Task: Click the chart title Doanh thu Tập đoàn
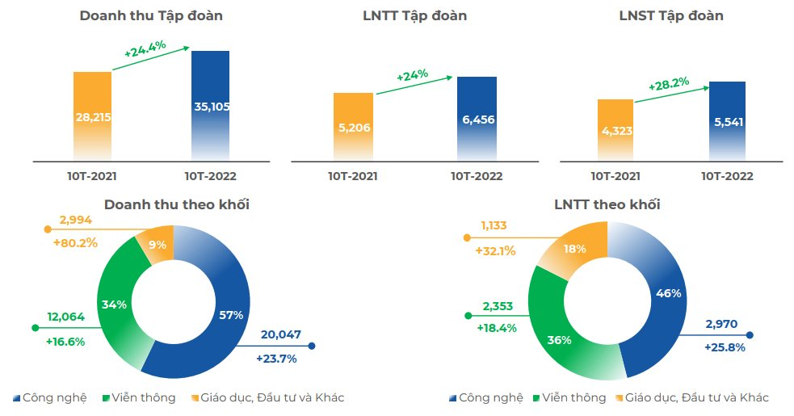tap(151, 15)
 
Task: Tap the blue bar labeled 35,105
tap(210, 105)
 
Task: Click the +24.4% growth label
tap(145, 49)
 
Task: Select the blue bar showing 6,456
tap(477, 119)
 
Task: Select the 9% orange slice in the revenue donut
tap(156, 244)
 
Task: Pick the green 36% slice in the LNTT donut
tap(558, 339)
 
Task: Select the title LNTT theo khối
tap(607, 204)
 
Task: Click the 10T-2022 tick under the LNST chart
tap(727, 176)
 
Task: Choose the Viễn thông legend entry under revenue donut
tap(141, 397)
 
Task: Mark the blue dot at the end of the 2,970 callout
tap(750, 335)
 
